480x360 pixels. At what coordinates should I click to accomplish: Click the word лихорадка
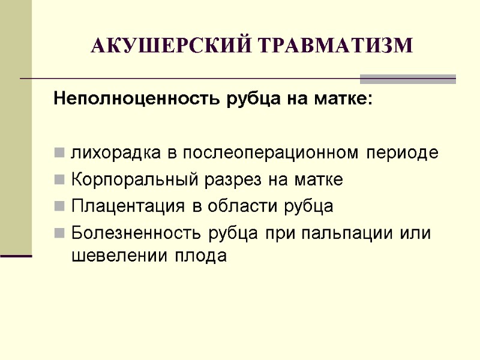[117, 153]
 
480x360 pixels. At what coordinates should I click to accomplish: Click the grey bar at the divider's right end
[407, 79]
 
